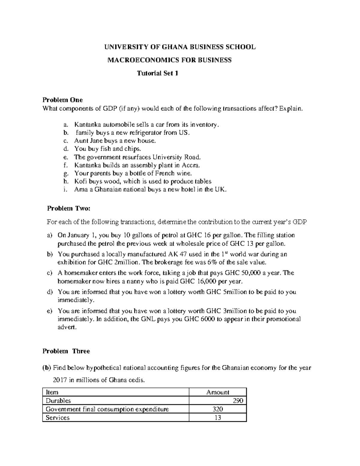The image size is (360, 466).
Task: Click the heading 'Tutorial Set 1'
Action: click(157, 73)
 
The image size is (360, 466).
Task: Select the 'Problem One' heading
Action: click(62, 100)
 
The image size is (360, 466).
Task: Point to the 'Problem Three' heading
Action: click(66, 351)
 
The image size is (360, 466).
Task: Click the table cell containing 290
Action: click(238, 401)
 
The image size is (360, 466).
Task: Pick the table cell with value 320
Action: click(217, 409)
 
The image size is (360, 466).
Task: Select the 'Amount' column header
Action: click(217, 392)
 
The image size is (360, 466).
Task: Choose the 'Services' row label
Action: click(57, 418)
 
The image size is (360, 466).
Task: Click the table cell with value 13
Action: click(217, 418)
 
